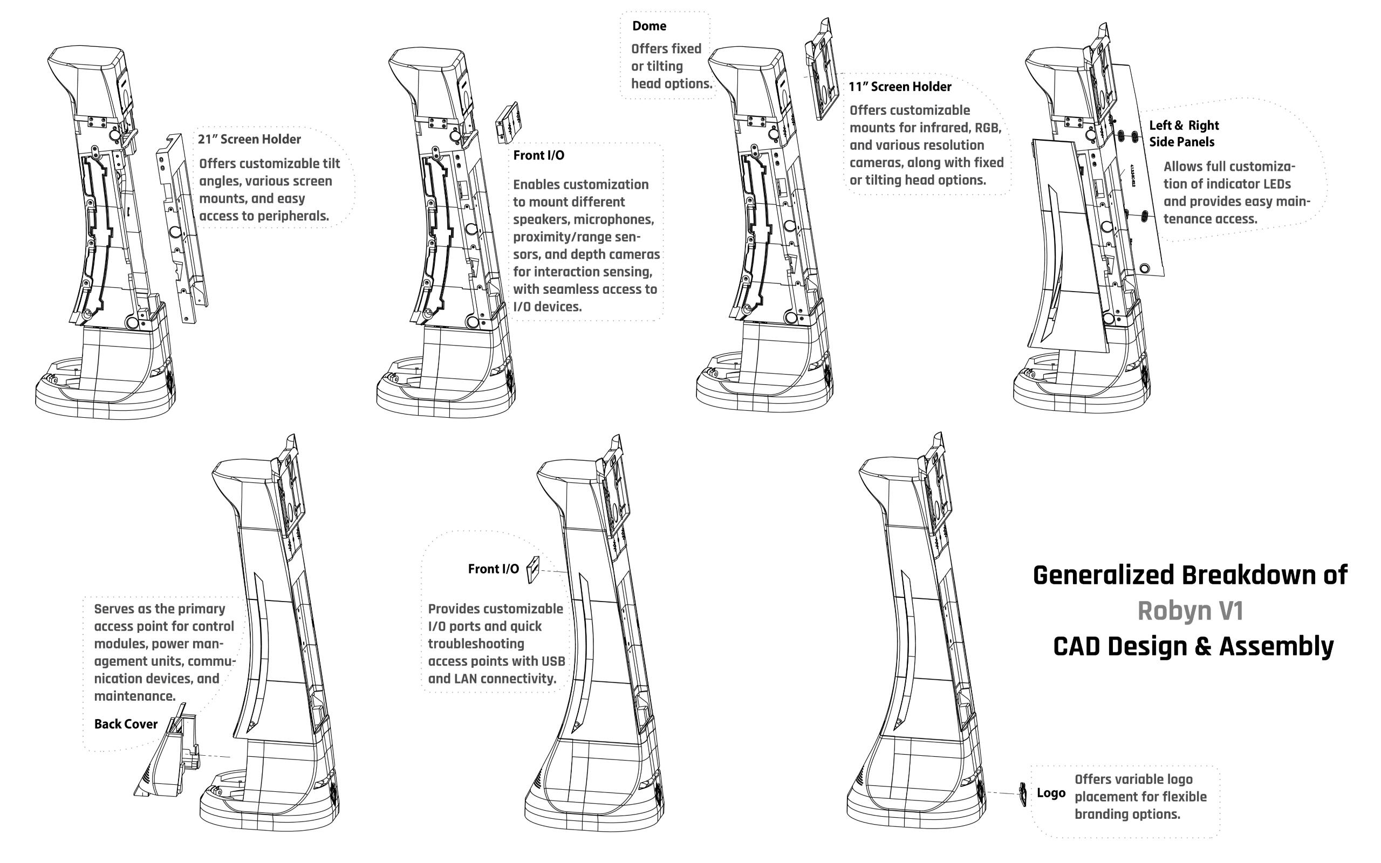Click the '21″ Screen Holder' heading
pos(249,139)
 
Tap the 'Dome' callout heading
pos(649,26)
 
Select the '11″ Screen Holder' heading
pos(899,87)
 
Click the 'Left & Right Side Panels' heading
pos(1184,134)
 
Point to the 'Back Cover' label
pos(126,724)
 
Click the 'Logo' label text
pos(1051,793)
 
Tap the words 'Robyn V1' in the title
pos(1190,611)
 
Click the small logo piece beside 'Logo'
pos(1022,794)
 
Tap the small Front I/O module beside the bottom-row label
pos(532,569)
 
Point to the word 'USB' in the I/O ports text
pos(552,661)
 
